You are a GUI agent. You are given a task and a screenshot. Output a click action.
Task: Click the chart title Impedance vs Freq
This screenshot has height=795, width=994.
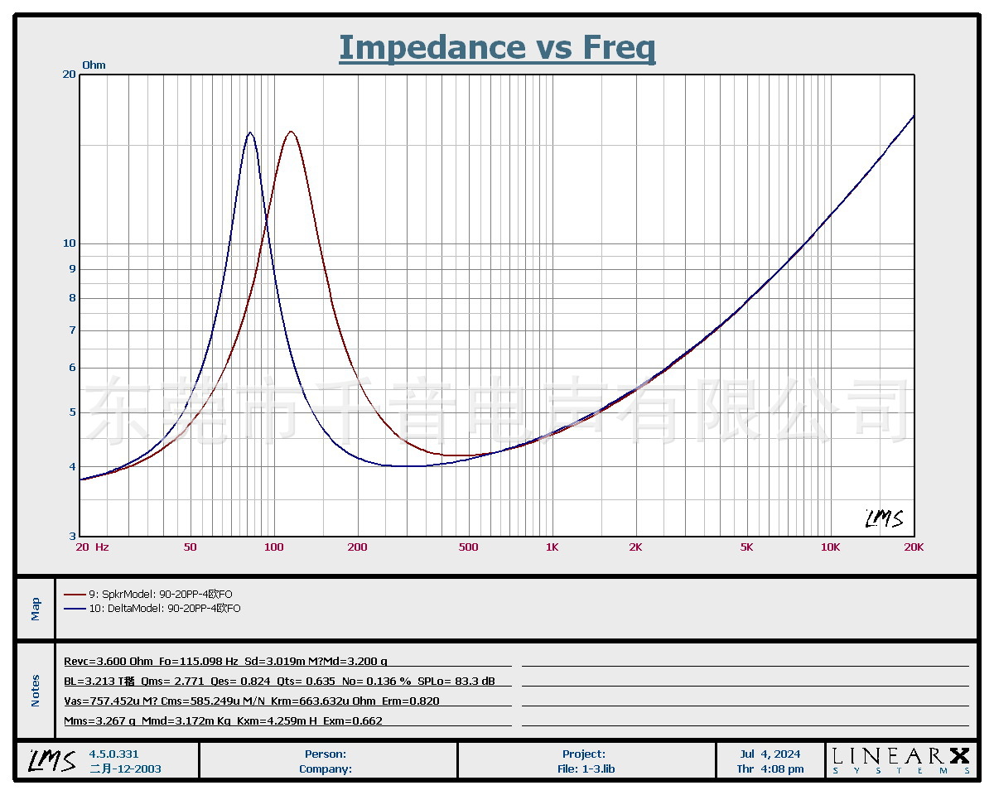pyautogui.click(x=497, y=47)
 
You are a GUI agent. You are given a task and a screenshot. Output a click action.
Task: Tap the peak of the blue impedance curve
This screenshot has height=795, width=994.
pyautogui.click(x=249, y=132)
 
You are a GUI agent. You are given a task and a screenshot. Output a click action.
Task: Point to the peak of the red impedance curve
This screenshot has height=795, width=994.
pyautogui.click(x=291, y=132)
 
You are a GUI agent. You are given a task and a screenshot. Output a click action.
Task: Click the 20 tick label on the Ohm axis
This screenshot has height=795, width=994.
pyautogui.click(x=70, y=75)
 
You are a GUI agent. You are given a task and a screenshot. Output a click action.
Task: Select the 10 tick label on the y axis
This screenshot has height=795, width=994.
pyautogui.click(x=70, y=243)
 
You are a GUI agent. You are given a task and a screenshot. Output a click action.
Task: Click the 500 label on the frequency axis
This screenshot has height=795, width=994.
pyautogui.click(x=469, y=547)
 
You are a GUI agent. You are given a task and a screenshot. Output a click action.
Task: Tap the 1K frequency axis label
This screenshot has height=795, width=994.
pyautogui.click(x=552, y=547)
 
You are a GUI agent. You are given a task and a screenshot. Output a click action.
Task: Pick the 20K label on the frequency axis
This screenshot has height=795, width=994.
pyautogui.click(x=914, y=547)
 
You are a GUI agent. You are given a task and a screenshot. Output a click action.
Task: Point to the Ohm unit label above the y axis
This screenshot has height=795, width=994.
pyautogui.click(x=94, y=65)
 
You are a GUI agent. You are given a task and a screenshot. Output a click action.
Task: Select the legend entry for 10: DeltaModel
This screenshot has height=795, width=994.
pyautogui.click(x=152, y=609)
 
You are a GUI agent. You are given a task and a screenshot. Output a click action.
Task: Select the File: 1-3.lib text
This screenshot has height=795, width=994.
pyautogui.click(x=586, y=768)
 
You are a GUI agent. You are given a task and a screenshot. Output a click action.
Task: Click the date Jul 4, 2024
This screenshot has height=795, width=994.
pyautogui.click(x=770, y=754)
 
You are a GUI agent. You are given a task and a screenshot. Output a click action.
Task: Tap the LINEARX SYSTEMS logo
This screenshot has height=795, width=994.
pyautogui.click(x=900, y=760)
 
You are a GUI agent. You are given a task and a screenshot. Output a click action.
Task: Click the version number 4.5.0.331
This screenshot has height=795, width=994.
pyautogui.click(x=114, y=754)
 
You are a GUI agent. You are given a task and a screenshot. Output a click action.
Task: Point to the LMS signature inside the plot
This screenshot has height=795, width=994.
pyautogui.click(x=884, y=519)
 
